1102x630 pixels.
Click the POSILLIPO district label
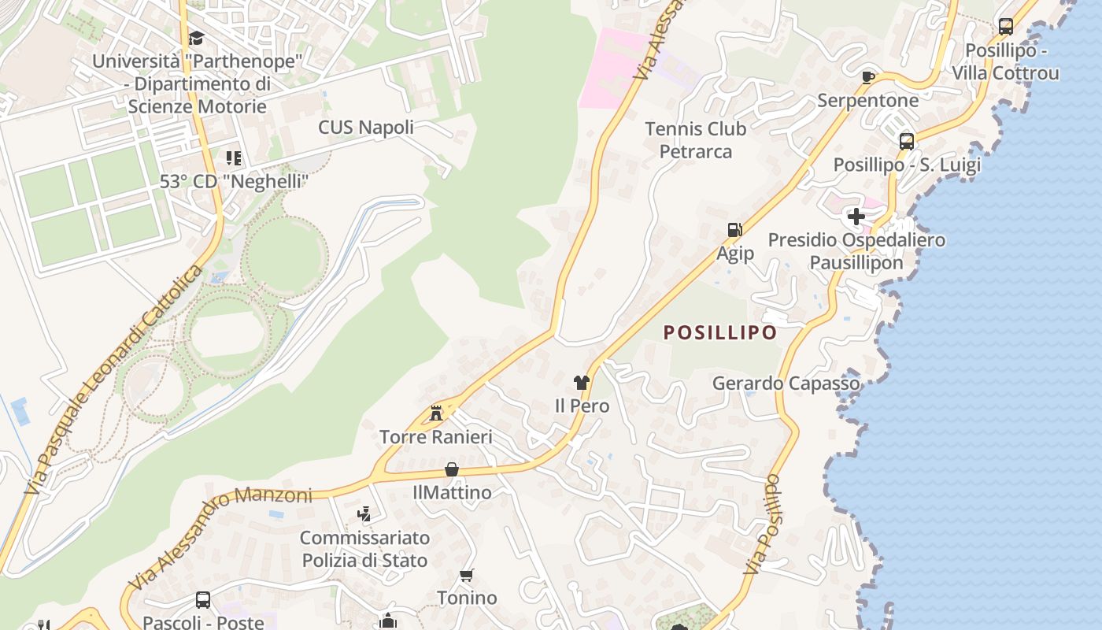(x=720, y=332)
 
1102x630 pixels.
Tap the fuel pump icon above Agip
(x=734, y=230)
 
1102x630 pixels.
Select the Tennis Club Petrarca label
(x=695, y=139)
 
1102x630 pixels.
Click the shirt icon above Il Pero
(x=582, y=383)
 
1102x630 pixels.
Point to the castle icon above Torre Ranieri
(x=436, y=413)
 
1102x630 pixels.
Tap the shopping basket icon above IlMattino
(x=452, y=469)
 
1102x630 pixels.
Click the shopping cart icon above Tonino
(x=467, y=576)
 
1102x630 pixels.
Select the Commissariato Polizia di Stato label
(x=364, y=549)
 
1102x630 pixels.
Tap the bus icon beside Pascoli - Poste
(x=202, y=600)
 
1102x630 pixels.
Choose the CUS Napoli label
(x=366, y=128)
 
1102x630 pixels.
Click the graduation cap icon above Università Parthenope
(x=196, y=38)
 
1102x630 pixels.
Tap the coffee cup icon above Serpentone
(x=868, y=77)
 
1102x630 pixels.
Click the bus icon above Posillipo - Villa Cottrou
(x=1005, y=27)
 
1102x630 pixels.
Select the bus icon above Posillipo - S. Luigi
(x=907, y=142)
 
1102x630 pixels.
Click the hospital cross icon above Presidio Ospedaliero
(x=856, y=216)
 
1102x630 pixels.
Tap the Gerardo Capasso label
(x=786, y=384)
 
